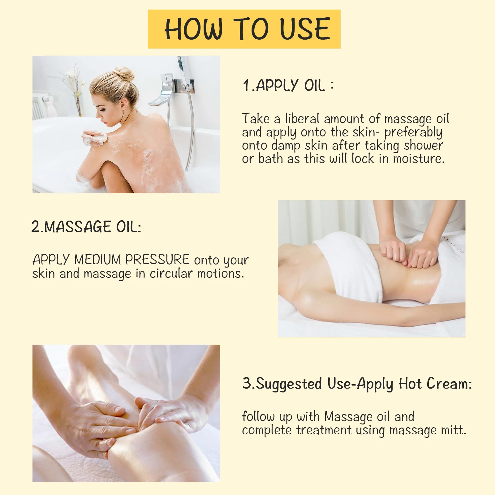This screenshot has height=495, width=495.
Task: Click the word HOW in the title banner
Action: pyautogui.click(x=193, y=29)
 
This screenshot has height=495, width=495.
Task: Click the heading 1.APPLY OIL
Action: pyautogui.click(x=288, y=85)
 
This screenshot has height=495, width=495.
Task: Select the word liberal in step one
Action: pyautogui.click(x=302, y=119)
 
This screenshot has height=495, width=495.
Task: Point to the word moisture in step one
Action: pyautogui.click(x=419, y=159)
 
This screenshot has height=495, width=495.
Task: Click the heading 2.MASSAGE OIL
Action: pyautogui.click(x=86, y=227)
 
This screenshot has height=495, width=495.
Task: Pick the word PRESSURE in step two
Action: pyautogui.click(x=157, y=260)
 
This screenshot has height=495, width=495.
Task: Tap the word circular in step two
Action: pyautogui.click(x=171, y=273)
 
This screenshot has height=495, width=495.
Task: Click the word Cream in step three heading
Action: pyautogui.click(x=449, y=384)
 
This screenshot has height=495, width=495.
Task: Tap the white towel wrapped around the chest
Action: pyautogui.click(x=350, y=266)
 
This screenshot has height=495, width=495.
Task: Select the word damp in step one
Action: pyautogui.click(x=286, y=145)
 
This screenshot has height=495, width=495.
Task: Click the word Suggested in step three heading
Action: pyautogui.click(x=289, y=384)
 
